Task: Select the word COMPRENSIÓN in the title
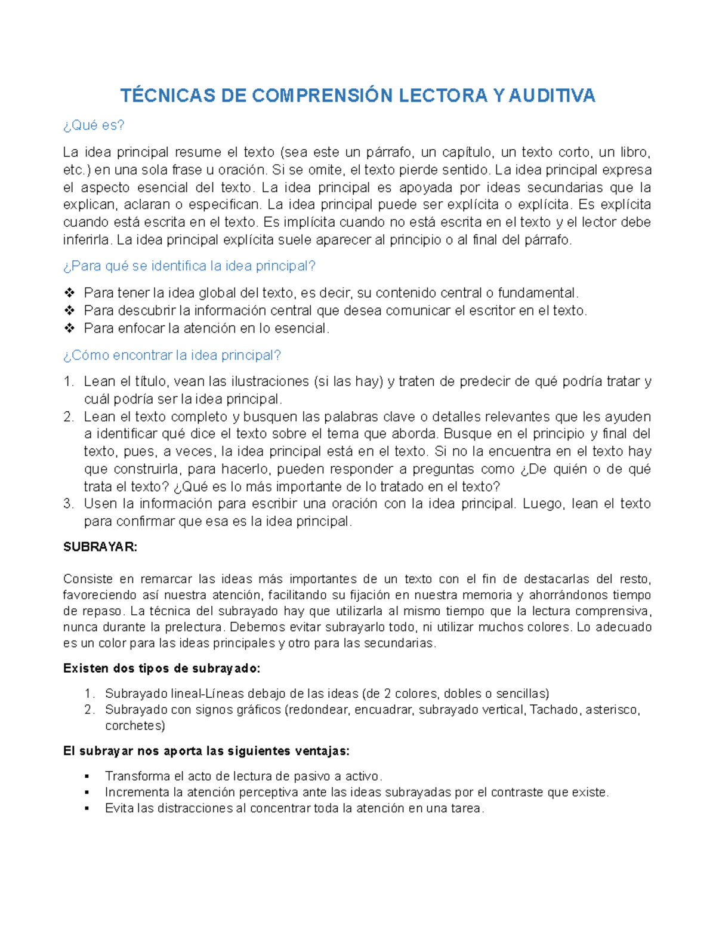click(322, 96)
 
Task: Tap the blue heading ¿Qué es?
click(94, 125)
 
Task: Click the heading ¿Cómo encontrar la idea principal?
click(172, 355)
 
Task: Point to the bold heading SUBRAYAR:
click(100, 547)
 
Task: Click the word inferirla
click(87, 240)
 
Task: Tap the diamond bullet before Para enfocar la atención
click(69, 328)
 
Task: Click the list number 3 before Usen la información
click(69, 504)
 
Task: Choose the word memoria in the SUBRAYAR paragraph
click(488, 595)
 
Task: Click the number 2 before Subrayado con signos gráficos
click(89, 710)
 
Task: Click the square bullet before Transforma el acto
click(87, 777)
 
